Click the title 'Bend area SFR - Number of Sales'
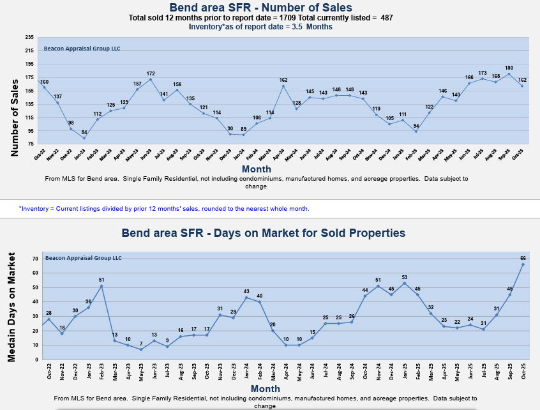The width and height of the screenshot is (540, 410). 260,8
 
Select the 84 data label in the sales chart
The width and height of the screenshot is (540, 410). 84,132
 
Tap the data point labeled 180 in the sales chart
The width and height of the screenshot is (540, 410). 509,74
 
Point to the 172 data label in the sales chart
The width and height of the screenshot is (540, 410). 151,73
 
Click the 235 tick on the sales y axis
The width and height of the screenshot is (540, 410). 29,37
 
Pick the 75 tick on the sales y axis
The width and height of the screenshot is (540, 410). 31,144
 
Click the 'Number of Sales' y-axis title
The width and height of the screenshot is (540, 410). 15,118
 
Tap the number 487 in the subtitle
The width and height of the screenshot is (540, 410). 387,18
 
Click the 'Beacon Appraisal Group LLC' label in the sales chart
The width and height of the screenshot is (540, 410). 82,49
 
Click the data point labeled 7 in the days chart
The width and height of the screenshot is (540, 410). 140,349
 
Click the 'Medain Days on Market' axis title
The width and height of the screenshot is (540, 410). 11,307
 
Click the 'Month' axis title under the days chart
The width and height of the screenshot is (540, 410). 265,388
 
